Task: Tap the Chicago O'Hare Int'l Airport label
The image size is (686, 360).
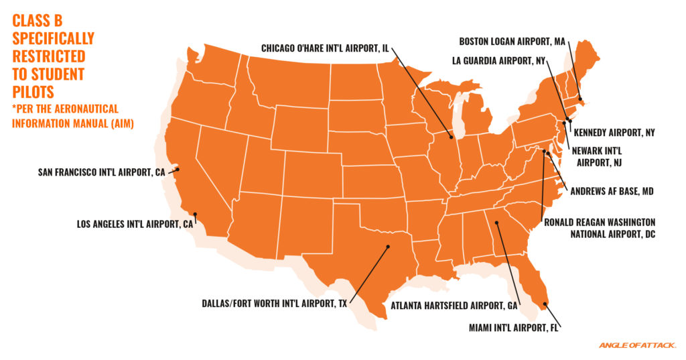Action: coord(324,48)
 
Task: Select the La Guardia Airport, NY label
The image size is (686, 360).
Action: coord(498,60)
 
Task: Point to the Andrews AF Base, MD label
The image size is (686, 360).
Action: coord(610,190)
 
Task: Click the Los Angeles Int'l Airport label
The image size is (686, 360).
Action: coord(133,224)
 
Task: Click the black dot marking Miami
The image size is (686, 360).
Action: coord(544,304)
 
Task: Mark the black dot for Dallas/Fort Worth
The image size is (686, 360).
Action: coord(387,247)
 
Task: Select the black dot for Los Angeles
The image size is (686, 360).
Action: coord(194,216)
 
